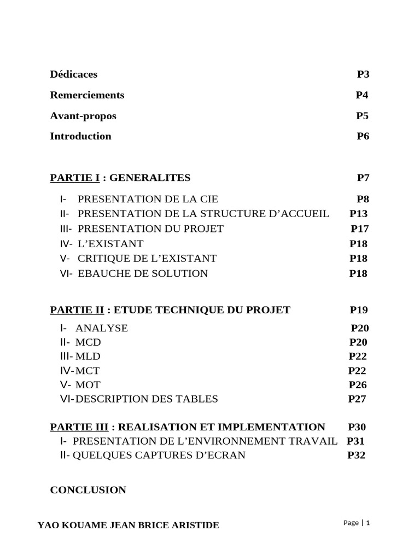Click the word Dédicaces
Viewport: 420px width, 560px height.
tap(74, 74)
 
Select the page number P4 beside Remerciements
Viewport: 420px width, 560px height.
tap(362, 95)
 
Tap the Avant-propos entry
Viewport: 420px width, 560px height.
tap(83, 116)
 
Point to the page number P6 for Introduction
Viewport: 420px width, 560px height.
tap(363, 136)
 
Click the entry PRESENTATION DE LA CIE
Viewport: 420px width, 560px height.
tap(144, 199)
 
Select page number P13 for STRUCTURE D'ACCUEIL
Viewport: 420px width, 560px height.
tap(359, 214)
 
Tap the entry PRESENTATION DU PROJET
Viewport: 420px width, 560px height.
tap(151, 229)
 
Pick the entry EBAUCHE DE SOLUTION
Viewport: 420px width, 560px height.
tap(143, 273)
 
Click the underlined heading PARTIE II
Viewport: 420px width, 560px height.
tap(77, 310)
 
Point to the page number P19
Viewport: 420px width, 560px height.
tap(359, 310)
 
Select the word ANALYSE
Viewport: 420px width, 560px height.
tap(102, 328)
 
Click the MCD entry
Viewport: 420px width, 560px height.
tap(88, 342)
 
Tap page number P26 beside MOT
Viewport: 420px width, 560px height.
tap(358, 385)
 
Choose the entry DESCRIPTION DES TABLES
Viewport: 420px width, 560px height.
tap(147, 399)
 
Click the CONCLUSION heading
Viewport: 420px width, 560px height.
tap(88, 490)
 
